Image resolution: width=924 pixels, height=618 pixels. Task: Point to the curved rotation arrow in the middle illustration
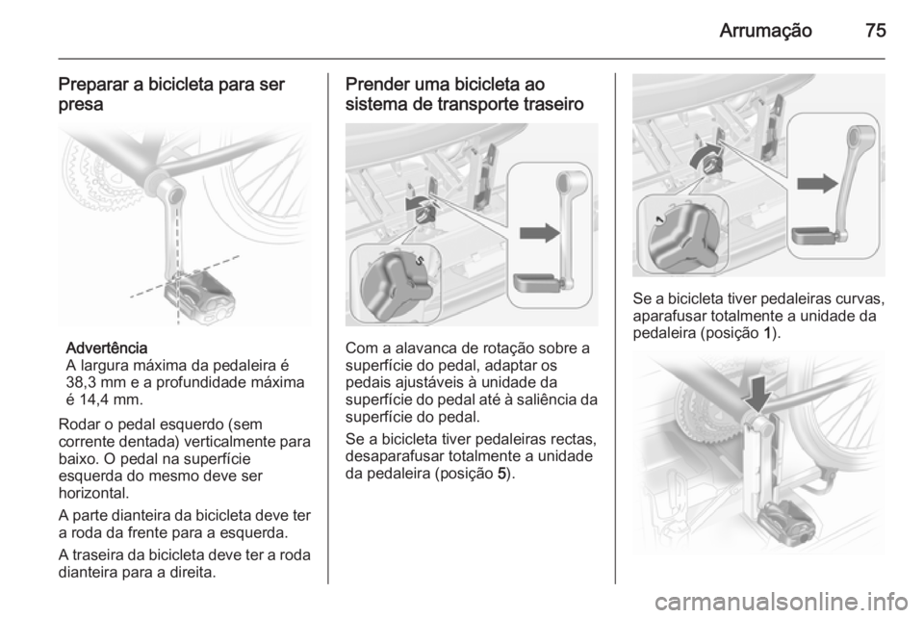[x=415, y=203]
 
